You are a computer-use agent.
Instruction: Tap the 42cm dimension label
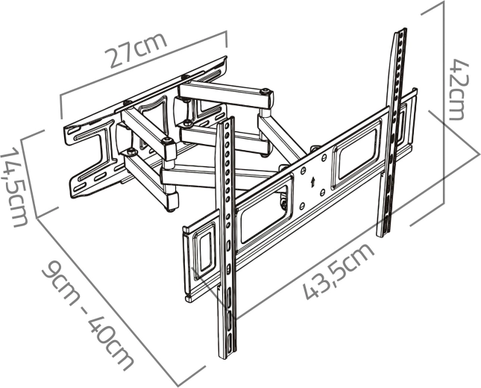pyautogui.click(x=459, y=90)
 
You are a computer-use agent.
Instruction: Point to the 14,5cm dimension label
pyautogui.click(x=14, y=187)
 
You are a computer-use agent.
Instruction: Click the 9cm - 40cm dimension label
pyautogui.click(x=88, y=316)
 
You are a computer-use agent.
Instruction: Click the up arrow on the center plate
pyautogui.click(x=312, y=182)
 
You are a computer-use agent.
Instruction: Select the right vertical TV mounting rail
pyautogui.click(x=392, y=132)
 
